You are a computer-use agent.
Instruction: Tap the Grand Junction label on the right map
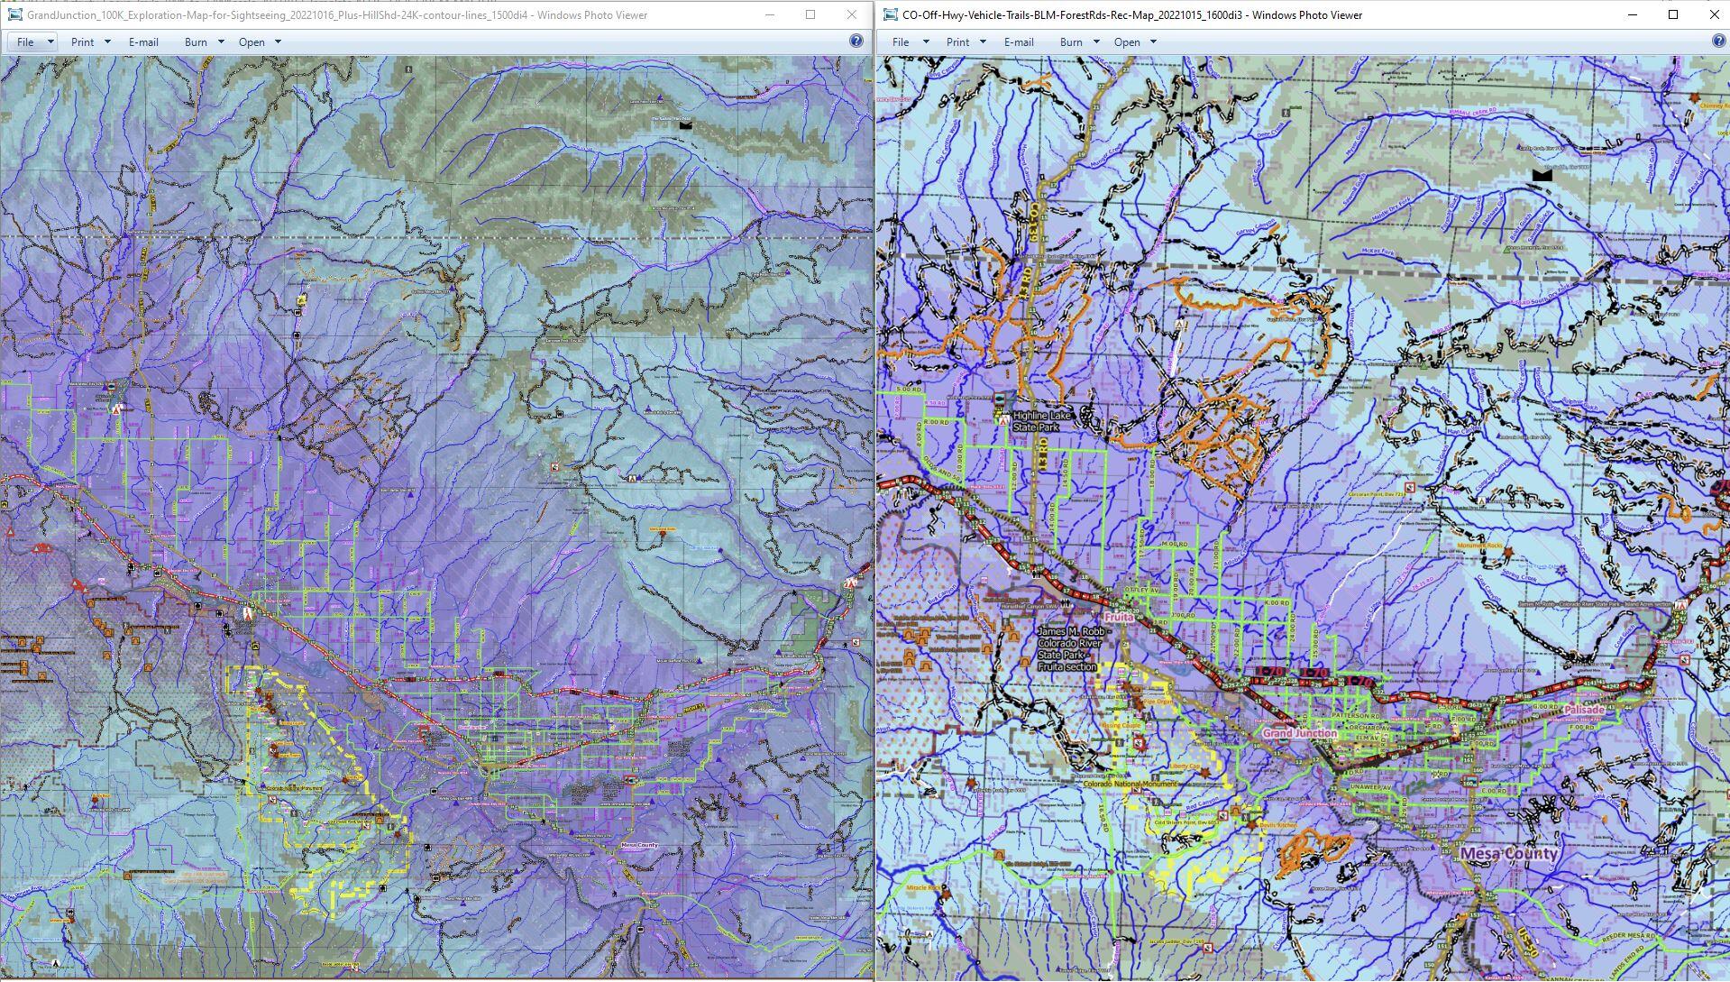pyautogui.click(x=1299, y=733)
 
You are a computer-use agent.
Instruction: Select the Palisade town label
pyautogui.click(x=1584, y=710)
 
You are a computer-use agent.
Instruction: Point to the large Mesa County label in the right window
pyautogui.click(x=1508, y=853)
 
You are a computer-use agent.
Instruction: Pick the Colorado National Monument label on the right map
pyautogui.click(x=1130, y=785)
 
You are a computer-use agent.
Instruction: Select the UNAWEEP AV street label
pyautogui.click(x=1370, y=787)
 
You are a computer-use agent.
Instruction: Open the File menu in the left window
pyautogui.click(x=26, y=41)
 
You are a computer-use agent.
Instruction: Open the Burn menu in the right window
pyautogui.click(x=1071, y=41)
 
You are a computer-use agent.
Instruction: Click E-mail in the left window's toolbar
pyautogui.click(x=143, y=41)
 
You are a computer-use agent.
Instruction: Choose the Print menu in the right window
pyautogui.click(x=957, y=41)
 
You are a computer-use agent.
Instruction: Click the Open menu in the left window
pyautogui.click(x=252, y=41)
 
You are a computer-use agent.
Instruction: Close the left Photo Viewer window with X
pyautogui.click(x=851, y=14)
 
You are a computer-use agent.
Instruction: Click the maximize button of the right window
pyautogui.click(x=1673, y=14)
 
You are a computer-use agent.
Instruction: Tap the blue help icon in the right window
pyautogui.click(x=1718, y=41)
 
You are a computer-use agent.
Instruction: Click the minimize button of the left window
pyautogui.click(x=770, y=14)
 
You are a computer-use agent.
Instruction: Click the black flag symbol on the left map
pyautogui.click(x=686, y=124)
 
